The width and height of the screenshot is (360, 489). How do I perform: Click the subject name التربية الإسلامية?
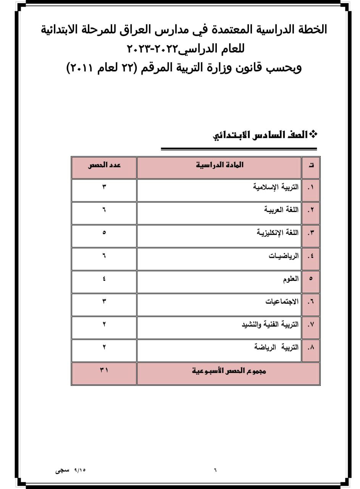point(276,187)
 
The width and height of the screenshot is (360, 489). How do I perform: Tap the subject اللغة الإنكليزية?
point(278,233)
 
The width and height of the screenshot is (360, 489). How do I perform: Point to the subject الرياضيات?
point(284,256)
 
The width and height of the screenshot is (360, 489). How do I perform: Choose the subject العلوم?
point(291,279)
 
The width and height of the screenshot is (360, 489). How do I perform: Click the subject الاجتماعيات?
point(282,301)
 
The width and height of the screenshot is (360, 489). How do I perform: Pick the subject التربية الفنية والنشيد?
point(270,324)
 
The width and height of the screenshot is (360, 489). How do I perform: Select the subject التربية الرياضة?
point(276,347)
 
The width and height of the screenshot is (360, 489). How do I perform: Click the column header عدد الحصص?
point(104,165)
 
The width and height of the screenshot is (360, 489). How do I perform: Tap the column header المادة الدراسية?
point(220,165)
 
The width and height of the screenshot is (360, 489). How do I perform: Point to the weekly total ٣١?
point(104,370)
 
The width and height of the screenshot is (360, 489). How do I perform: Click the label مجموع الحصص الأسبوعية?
point(229,371)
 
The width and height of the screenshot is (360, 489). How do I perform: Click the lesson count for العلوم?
point(104,278)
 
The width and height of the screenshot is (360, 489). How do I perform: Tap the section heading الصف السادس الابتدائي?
point(260,135)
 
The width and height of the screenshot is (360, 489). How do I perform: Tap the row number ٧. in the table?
point(311,324)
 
